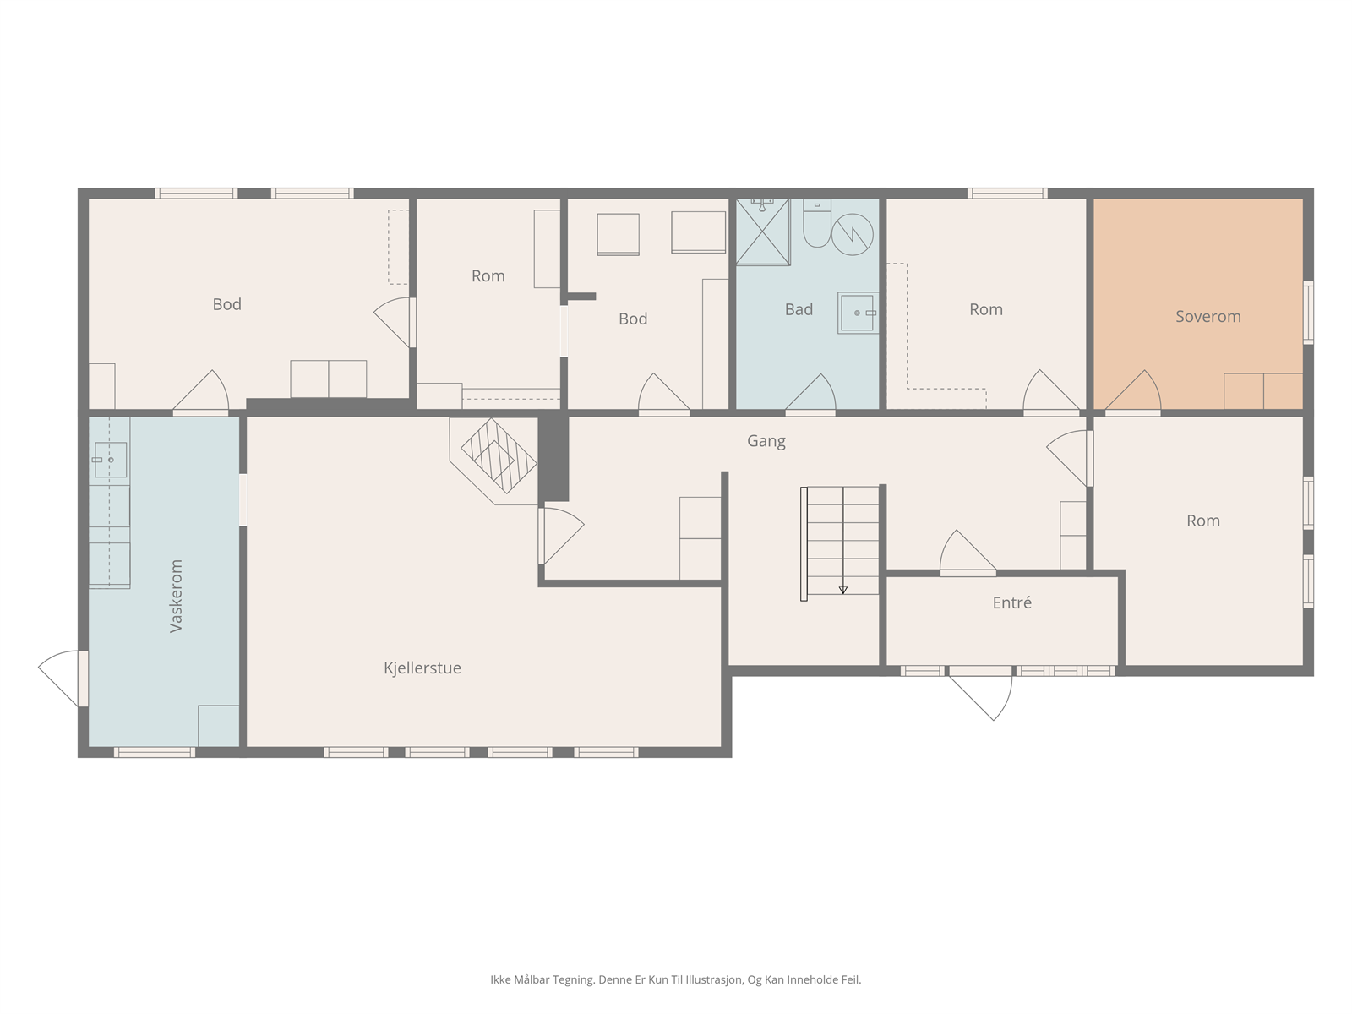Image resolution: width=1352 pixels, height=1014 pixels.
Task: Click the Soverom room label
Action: coord(1208,316)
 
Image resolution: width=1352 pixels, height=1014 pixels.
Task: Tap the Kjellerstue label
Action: coord(422,668)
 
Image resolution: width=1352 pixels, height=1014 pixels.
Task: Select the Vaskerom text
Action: coord(176,596)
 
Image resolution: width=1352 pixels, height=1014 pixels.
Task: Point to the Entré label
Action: coord(1012,602)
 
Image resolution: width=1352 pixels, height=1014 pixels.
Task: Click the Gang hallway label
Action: coord(766,441)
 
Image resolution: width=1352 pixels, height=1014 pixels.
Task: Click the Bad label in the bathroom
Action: coord(799,309)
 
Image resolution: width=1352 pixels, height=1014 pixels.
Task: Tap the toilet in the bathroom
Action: coord(817,223)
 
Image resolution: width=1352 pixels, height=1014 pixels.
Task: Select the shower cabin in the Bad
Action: coord(762,232)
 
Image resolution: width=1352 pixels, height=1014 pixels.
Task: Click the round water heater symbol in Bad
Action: coord(853,235)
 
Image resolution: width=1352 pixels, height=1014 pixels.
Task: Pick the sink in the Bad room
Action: coord(858,313)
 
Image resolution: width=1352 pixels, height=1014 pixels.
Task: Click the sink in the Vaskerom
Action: coord(110,460)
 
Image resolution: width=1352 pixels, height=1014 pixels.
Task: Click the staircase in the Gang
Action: coord(840,542)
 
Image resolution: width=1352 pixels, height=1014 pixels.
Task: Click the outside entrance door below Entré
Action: coord(980,693)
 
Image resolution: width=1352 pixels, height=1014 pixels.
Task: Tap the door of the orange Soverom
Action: coord(1133,392)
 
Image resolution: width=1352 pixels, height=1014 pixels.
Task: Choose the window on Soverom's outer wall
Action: coord(1308,313)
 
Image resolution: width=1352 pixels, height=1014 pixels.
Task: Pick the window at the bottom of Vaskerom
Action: coord(155,752)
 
